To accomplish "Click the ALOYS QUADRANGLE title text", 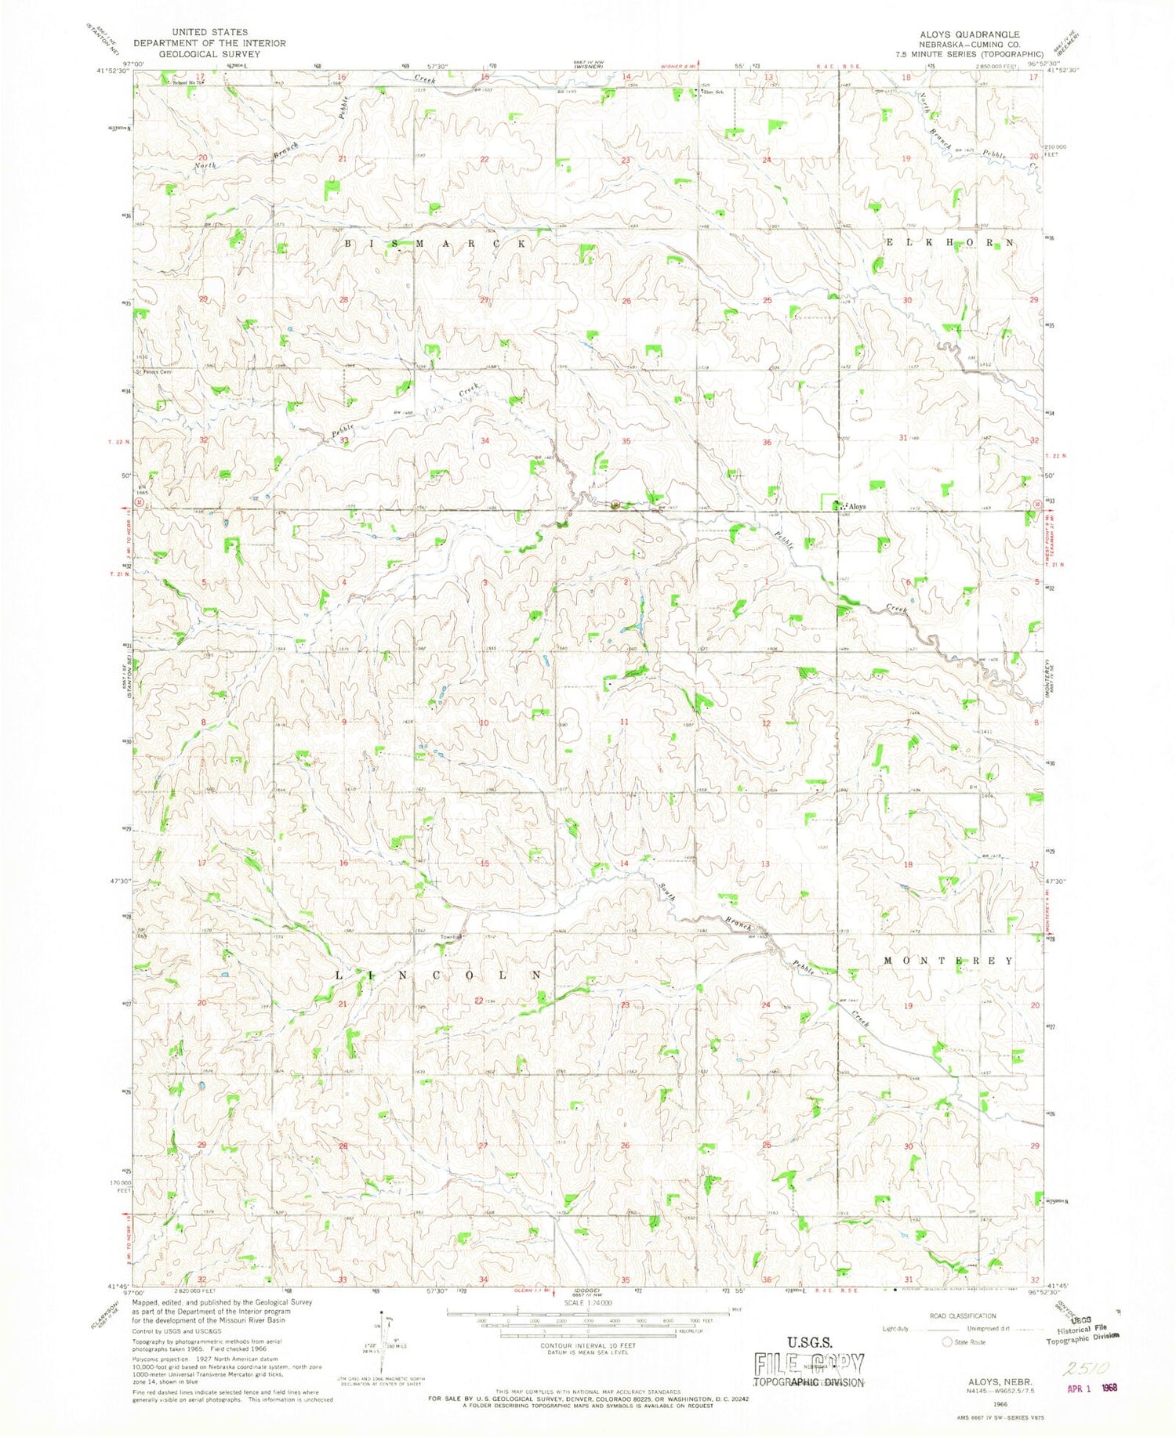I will (x=973, y=34).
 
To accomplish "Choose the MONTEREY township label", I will (x=948, y=961).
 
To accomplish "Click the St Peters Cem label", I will (x=153, y=372).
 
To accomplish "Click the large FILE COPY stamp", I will (x=808, y=1364).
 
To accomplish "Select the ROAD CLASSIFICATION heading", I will (x=963, y=1316).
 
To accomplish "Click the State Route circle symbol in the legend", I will (x=946, y=1342).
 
